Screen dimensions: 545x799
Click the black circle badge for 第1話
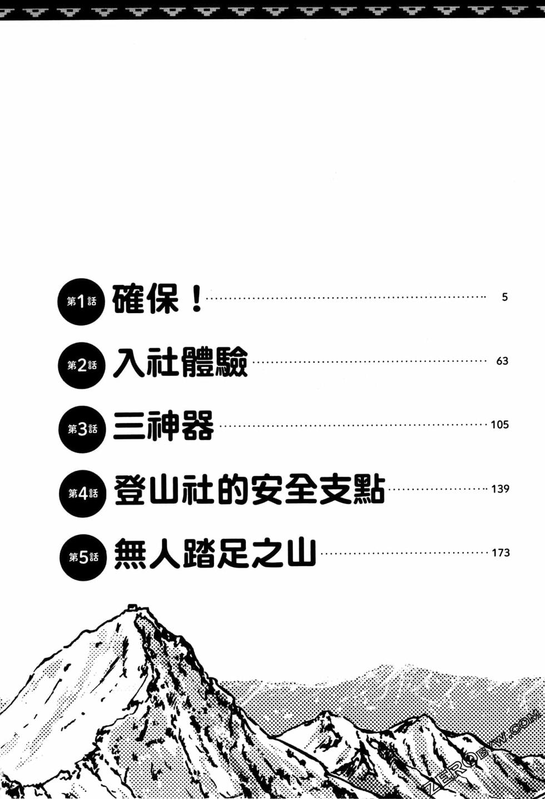coord(81,302)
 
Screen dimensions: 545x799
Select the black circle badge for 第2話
coord(82,366)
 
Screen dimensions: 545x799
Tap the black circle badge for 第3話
coord(82,429)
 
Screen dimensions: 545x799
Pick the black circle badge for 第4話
coord(83,494)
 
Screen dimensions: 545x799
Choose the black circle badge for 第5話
coord(83,558)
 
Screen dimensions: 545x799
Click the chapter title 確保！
coord(157,299)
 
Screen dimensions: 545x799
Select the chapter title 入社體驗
coord(180,363)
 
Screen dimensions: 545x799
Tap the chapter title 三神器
coord(163,426)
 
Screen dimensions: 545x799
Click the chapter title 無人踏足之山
coord(215,553)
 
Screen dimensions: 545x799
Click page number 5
coord(505,297)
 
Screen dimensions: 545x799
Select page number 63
coord(502,361)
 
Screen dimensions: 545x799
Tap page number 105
coord(500,424)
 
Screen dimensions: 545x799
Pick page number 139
coord(501,489)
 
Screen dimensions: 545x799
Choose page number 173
coord(501,553)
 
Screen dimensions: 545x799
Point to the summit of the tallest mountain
coord(132,606)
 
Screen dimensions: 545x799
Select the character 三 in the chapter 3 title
coord(128,426)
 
